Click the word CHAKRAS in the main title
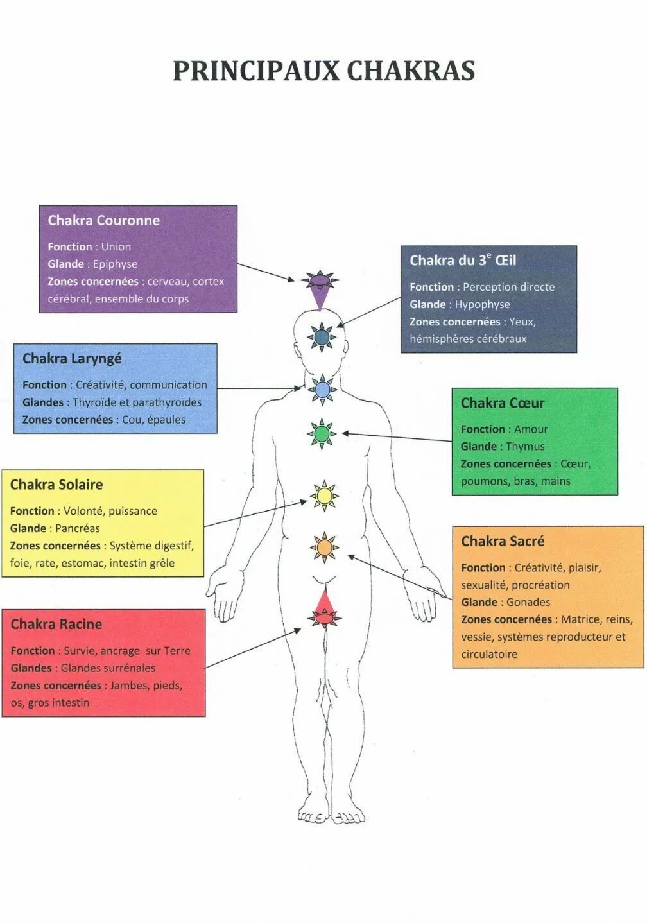coord(411,71)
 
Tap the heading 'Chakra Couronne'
coord(103,220)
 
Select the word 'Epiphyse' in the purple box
coord(115,264)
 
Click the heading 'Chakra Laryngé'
coord(72,358)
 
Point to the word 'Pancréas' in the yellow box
coord(78,528)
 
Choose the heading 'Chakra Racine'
coord(56,624)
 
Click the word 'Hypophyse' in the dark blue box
coord(482,304)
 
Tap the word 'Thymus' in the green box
coord(525,446)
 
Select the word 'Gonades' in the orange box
coord(528,602)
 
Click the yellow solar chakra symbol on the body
coord(323,496)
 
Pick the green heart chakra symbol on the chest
coord(322,434)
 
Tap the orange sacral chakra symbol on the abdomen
coord(324,548)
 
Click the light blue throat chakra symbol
coord(322,389)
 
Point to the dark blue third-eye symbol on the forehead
coord(322,336)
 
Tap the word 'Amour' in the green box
coord(531,429)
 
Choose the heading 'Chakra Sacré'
coord(503,541)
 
